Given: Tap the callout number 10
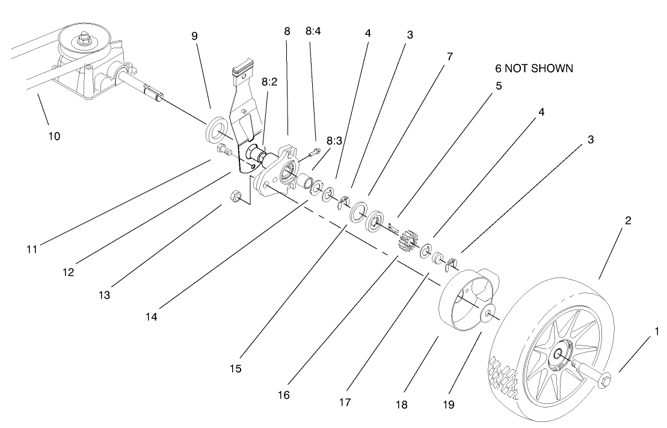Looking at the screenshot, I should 54,136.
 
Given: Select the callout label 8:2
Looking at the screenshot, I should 269,82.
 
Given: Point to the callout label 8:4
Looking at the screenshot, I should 313,31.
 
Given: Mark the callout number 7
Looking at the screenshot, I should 450,57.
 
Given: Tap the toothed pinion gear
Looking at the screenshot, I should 409,240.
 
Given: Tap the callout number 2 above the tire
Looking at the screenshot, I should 627,220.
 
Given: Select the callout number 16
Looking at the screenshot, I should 284,395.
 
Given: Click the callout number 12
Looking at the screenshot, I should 68,271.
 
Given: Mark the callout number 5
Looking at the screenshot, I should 499,86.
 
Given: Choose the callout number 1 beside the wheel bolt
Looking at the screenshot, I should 657,331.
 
